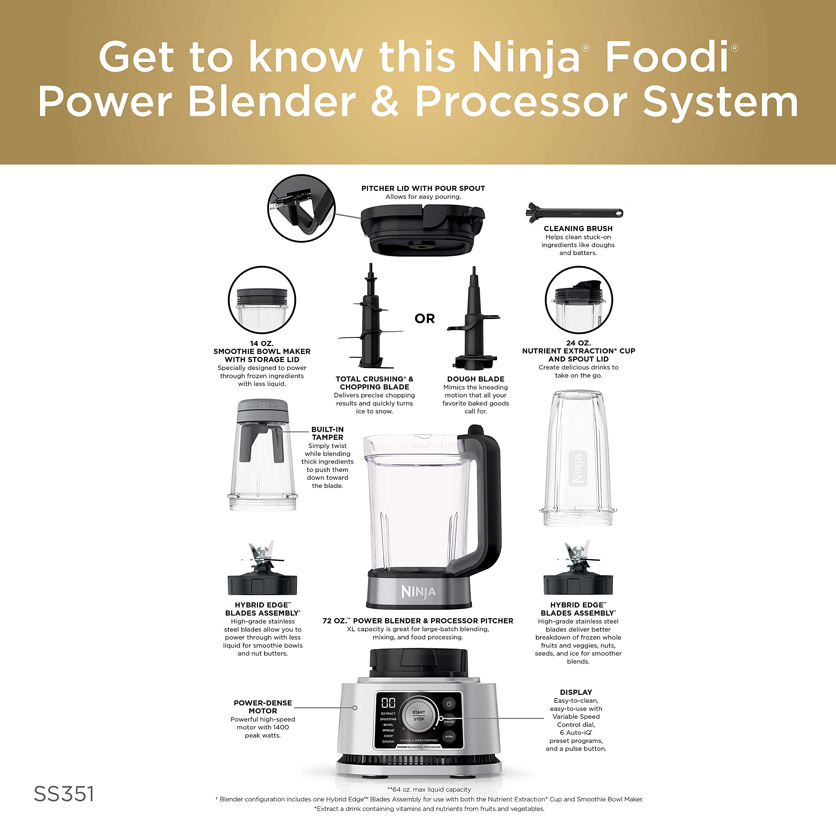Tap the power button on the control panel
pyautogui.click(x=449, y=704)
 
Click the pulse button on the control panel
pyautogui.click(x=449, y=736)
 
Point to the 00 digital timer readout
pyautogui.click(x=388, y=703)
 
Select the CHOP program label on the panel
pyautogui.click(x=388, y=736)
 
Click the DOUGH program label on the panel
pyautogui.click(x=388, y=741)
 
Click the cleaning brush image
pyautogui.click(x=574, y=213)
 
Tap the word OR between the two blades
pyautogui.click(x=425, y=319)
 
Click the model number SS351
pyautogui.click(x=64, y=794)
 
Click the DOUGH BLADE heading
pyautogui.click(x=475, y=379)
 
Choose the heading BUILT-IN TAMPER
pyautogui.click(x=328, y=433)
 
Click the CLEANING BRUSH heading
pyautogui.click(x=578, y=229)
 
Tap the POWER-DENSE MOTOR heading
pyautogui.click(x=263, y=707)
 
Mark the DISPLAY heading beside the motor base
pyautogui.click(x=576, y=692)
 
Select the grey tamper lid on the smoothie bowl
pyautogui.click(x=262, y=411)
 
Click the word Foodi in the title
pyautogui.click(x=667, y=57)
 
